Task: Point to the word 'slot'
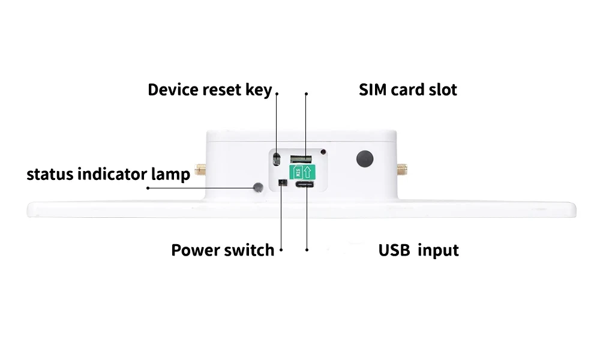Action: (442, 90)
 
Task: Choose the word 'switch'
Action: (249, 250)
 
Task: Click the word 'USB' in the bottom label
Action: (394, 250)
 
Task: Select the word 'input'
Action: (438, 250)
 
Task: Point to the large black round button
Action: (364, 158)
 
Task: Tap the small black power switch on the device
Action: (281, 182)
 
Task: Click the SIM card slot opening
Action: (302, 159)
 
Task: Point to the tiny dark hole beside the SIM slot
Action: (323, 152)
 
